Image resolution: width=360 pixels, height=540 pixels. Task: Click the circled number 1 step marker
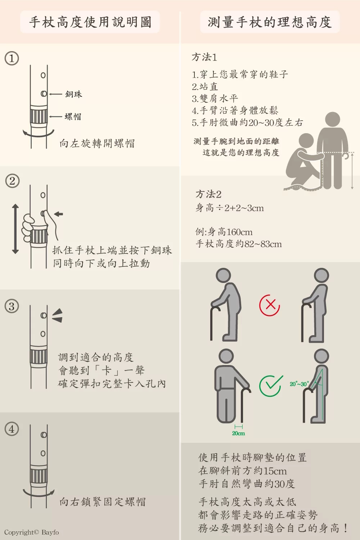coord(12,58)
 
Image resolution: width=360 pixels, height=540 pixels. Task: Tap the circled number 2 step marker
coord(12,181)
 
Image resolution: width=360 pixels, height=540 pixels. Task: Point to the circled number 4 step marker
coord(12,429)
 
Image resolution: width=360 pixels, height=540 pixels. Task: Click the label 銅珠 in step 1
coord(73,94)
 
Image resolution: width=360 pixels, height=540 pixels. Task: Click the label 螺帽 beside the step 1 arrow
coord(73,117)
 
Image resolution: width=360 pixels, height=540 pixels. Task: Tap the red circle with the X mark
coord(270,305)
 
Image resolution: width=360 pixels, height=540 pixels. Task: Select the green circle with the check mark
coord(270,386)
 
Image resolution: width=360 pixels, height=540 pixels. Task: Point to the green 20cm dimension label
coord(238,433)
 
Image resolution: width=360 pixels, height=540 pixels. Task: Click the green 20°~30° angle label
coord(299,384)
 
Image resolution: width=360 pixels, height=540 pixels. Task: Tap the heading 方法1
coord(204,57)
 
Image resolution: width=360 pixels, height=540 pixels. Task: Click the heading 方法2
coord(208,194)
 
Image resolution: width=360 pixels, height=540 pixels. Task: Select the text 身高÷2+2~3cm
coord(230,208)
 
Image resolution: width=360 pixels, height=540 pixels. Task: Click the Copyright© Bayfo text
coord(32,532)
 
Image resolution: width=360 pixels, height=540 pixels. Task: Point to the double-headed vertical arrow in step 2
coord(15,229)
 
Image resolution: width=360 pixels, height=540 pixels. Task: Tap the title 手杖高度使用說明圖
coord(90,22)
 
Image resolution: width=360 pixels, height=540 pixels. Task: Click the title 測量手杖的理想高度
coord(270,22)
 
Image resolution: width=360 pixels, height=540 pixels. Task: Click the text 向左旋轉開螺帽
coord(97,143)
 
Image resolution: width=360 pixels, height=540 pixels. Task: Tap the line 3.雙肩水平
coord(215,99)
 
